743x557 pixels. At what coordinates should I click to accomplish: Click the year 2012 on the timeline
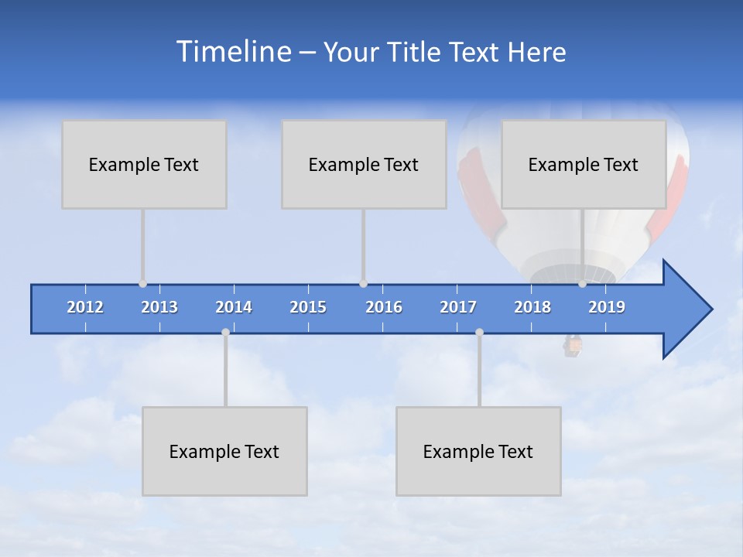(85, 307)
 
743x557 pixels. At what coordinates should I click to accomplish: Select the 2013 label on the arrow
(159, 307)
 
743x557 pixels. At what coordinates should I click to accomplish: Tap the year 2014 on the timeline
(234, 307)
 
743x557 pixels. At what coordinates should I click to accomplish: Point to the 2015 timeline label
(308, 307)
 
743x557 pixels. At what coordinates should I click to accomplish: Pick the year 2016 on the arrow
(384, 307)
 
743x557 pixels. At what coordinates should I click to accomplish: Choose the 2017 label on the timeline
(458, 307)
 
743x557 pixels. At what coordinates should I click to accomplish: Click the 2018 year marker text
(532, 307)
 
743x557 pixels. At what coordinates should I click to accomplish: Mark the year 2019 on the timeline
(607, 307)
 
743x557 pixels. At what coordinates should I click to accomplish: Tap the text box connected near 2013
(144, 164)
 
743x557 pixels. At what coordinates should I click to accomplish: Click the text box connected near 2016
(364, 164)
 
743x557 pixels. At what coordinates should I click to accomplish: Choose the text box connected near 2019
(584, 164)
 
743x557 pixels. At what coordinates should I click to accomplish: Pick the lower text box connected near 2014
(224, 451)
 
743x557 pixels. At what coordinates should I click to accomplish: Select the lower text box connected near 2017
(478, 451)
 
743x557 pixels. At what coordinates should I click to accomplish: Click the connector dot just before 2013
(142, 284)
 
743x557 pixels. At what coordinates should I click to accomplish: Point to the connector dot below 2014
(225, 333)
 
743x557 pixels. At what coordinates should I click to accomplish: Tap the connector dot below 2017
(479, 333)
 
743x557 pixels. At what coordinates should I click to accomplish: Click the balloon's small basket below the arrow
(573, 346)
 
